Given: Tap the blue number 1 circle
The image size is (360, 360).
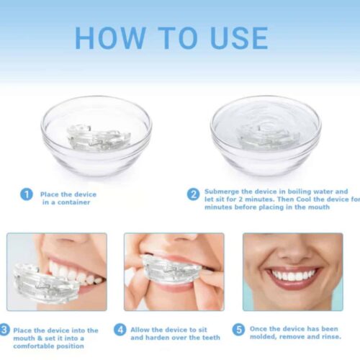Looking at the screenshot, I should pyautogui.click(x=27, y=194).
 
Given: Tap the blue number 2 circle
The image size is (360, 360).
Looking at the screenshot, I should pyautogui.click(x=194, y=194).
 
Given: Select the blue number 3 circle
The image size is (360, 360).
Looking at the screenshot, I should pyautogui.click(x=5, y=330).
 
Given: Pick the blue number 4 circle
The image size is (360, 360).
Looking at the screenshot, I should pyautogui.click(x=120, y=330).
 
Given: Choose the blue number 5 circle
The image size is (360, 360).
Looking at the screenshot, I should pyautogui.click(x=238, y=330).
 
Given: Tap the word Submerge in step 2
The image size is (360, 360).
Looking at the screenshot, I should pyautogui.click(x=222, y=192).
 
